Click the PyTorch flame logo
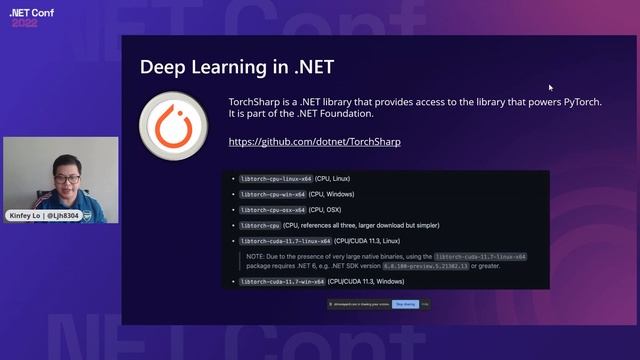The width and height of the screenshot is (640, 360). (x=173, y=126)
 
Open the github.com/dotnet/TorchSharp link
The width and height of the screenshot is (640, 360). (x=314, y=142)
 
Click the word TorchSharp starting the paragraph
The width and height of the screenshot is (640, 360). (x=254, y=103)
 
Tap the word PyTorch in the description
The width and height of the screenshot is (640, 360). (x=582, y=103)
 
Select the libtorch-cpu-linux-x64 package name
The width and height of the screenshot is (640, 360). (x=272, y=178)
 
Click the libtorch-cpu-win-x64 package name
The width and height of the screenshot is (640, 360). (x=270, y=194)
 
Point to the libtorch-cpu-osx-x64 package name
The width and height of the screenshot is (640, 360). (x=270, y=210)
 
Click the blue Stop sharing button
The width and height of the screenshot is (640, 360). (x=405, y=303)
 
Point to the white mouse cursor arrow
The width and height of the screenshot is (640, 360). (x=550, y=87)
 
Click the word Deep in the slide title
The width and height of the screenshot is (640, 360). (x=161, y=67)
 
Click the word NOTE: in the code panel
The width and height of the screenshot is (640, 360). (x=255, y=257)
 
